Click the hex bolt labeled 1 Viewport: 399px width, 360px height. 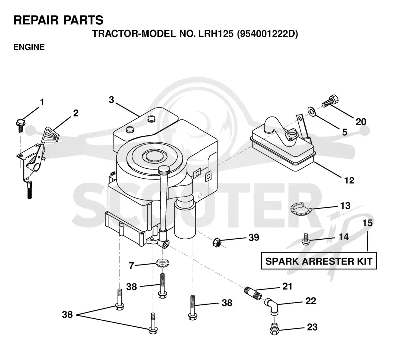click(x=20, y=125)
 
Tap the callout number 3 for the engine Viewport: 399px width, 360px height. click(x=111, y=100)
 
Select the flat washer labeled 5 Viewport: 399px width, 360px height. click(x=311, y=111)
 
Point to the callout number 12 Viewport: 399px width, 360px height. click(x=349, y=180)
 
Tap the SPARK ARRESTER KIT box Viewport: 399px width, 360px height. click(x=319, y=261)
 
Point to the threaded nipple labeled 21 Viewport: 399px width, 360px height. click(x=253, y=293)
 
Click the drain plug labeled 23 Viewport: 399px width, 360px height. click(x=274, y=329)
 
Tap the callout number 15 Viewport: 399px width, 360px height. click(x=367, y=223)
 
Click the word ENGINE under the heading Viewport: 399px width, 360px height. click(x=29, y=47)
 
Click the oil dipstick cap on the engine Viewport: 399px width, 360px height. click(x=164, y=170)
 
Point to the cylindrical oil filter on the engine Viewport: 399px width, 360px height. click(x=185, y=219)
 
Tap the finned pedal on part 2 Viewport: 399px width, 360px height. click(x=52, y=134)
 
